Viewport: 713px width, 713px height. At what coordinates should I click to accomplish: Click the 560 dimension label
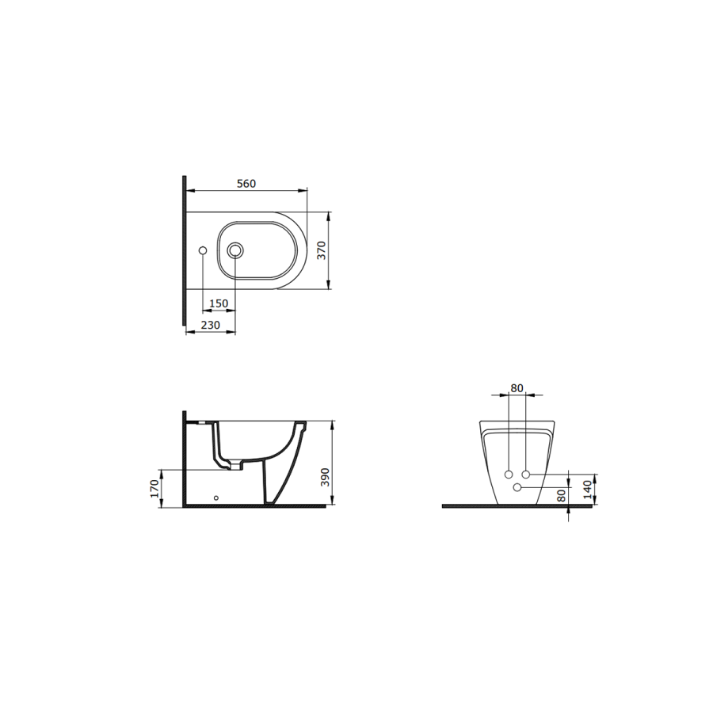(x=246, y=184)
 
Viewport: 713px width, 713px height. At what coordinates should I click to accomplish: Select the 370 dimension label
(x=322, y=250)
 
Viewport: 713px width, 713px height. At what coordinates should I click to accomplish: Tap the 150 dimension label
(x=219, y=303)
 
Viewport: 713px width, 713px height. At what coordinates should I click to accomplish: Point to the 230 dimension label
(x=210, y=325)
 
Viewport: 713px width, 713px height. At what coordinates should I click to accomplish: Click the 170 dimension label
(x=154, y=488)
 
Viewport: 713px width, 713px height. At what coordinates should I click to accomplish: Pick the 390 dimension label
(x=325, y=477)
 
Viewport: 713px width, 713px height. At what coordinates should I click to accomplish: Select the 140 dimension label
(x=588, y=490)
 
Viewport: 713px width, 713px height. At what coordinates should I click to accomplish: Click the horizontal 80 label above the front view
(x=517, y=388)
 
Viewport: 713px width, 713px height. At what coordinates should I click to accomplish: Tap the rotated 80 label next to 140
(x=562, y=495)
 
